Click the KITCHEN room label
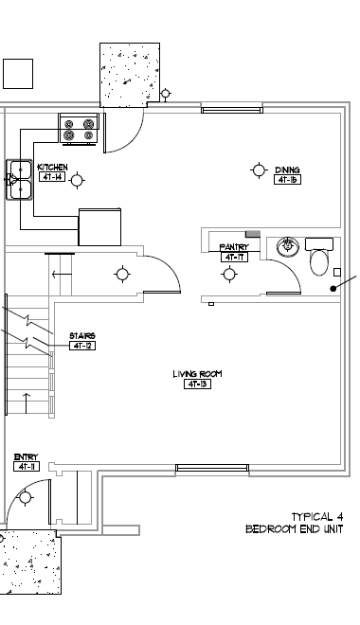51,168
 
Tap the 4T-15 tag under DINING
287,179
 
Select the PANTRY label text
234,247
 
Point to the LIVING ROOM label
197,374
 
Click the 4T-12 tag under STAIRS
82,346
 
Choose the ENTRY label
26,457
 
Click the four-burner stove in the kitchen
79,129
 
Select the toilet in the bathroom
320,259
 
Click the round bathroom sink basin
288,248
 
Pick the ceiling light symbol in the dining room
259,170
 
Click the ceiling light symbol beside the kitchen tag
77,179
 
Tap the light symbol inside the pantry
228,275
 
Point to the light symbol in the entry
26,498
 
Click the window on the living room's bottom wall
212,467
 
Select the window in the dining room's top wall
232,110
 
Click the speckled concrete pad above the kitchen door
129,76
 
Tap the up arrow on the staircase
26,396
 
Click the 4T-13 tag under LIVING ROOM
197,384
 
